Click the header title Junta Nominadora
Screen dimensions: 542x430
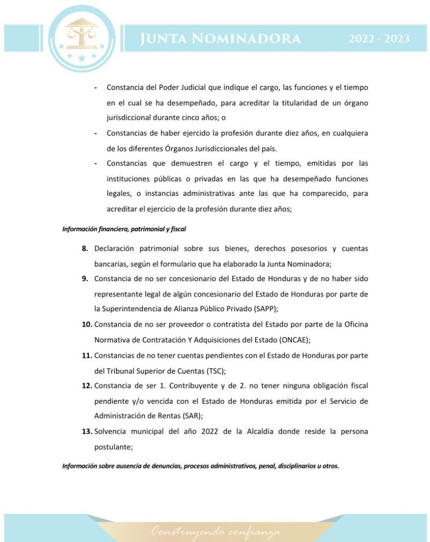[x=221, y=39]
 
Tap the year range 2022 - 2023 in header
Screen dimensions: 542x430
[x=379, y=39]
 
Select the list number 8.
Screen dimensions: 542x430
[x=85, y=249]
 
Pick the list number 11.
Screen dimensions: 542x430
[x=87, y=355]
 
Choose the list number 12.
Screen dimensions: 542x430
[x=87, y=386]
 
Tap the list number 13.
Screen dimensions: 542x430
[x=87, y=431]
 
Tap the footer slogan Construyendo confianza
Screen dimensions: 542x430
[x=216, y=531]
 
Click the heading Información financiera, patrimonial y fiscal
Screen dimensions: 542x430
[x=124, y=229]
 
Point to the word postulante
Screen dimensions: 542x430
[x=113, y=447]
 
